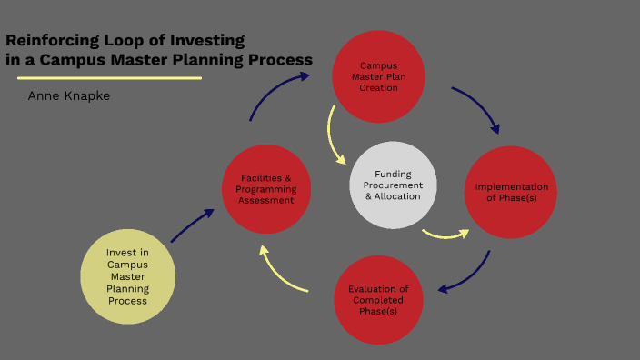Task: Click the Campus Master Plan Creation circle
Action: coord(378,76)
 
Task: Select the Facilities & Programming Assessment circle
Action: coord(266,188)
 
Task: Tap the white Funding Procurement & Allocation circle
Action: coord(393,185)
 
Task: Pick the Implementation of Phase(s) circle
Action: coord(510,192)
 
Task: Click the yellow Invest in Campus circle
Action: coord(127,275)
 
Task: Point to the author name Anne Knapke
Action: coord(69,95)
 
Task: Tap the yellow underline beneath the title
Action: coord(104,78)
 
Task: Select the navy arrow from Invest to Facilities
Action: coord(192,226)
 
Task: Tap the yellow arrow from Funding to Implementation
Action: coord(445,235)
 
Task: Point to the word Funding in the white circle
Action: coord(393,174)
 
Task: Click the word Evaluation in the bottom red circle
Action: coord(378,289)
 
